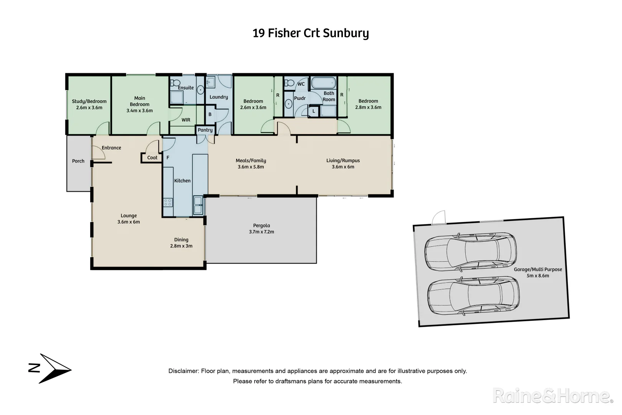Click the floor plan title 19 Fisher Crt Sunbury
(x=311, y=33)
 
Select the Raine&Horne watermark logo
(x=552, y=396)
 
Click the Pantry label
(x=205, y=130)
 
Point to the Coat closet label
(x=152, y=158)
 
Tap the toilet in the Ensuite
(x=175, y=83)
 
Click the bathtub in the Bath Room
(x=323, y=83)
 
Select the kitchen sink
(x=198, y=204)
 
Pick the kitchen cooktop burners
(x=168, y=202)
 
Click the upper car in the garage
(x=470, y=252)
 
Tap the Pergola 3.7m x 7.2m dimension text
(x=261, y=232)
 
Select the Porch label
(x=78, y=161)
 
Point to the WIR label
(x=186, y=120)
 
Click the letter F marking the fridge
(x=168, y=158)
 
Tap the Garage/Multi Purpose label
(x=538, y=269)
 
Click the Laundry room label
(x=218, y=97)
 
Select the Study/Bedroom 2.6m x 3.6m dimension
(x=89, y=108)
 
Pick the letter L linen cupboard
(x=314, y=111)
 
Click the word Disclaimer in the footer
(x=184, y=371)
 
